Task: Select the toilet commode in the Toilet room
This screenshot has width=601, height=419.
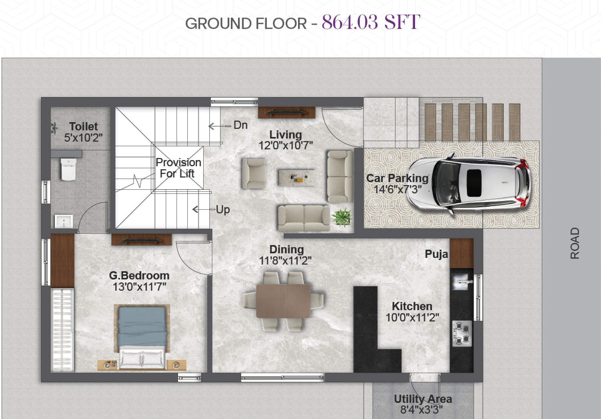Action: pos(68,169)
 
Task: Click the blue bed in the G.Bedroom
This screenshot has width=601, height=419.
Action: pos(142,337)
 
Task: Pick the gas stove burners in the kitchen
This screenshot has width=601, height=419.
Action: pos(462,333)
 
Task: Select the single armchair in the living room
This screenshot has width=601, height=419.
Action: pos(253,173)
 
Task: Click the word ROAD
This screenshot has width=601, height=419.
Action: pos(575,243)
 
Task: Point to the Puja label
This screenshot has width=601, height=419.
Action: pos(436,254)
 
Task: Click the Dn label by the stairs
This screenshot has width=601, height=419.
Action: pos(240,125)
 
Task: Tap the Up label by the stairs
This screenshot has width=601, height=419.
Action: pos(223,210)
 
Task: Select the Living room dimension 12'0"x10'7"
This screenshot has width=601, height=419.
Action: pos(285,145)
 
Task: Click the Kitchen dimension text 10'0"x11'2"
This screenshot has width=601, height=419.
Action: pos(412,318)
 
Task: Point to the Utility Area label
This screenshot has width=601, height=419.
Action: pos(423,399)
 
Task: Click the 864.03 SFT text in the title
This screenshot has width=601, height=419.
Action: pos(371,22)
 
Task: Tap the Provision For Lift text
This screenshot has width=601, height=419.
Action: pos(178,168)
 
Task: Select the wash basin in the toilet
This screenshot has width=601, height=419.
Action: pos(64,221)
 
